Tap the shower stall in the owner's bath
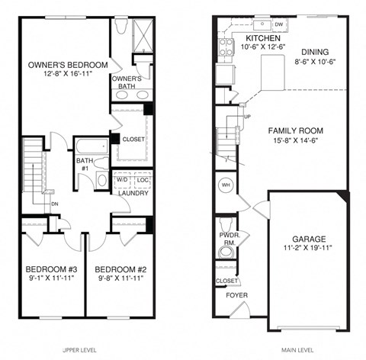click(x=143, y=33)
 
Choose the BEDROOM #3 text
click(x=51, y=269)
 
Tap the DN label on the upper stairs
click(x=55, y=204)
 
